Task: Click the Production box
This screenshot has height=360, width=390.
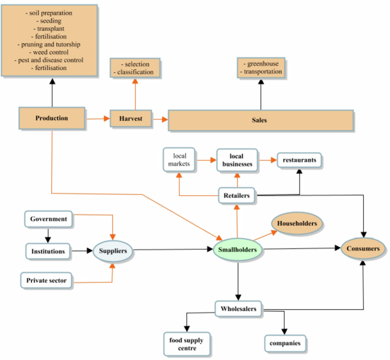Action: click(x=52, y=118)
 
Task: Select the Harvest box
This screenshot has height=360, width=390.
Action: click(x=130, y=119)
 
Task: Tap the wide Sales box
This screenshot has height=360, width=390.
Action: click(x=260, y=121)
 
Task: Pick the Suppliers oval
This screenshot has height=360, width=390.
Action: click(x=113, y=250)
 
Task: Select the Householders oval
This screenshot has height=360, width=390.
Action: click(x=297, y=224)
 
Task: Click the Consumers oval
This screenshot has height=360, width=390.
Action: click(x=363, y=249)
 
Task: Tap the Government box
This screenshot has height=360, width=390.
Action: click(x=49, y=219)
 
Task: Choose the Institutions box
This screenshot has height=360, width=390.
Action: click(x=48, y=250)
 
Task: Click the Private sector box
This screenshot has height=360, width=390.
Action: click(x=47, y=280)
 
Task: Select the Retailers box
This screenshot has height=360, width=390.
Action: click(x=237, y=196)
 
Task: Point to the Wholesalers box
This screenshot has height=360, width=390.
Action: click(x=239, y=309)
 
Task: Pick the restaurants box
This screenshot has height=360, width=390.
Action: click(x=299, y=160)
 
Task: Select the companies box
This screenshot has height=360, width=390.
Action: click(x=286, y=344)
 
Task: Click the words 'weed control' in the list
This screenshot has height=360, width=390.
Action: click(x=52, y=52)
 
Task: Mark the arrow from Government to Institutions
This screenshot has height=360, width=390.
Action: click(x=48, y=234)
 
